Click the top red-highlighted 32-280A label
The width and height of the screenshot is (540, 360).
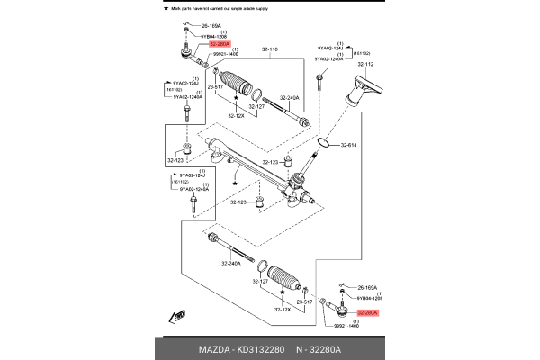click(x=219, y=43)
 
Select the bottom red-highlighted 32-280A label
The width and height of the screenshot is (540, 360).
click(x=368, y=312)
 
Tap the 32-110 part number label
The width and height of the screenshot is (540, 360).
click(x=270, y=48)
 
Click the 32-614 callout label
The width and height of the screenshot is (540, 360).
click(x=349, y=145)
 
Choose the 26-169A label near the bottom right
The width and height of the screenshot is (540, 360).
click(x=368, y=288)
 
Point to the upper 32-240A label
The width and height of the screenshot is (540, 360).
click(x=288, y=97)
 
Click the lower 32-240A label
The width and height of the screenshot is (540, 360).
click(x=232, y=263)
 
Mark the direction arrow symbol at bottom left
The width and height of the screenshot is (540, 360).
click(x=175, y=318)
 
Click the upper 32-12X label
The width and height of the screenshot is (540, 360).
click(x=237, y=115)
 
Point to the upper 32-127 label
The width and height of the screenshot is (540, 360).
click(x=256, y=106)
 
